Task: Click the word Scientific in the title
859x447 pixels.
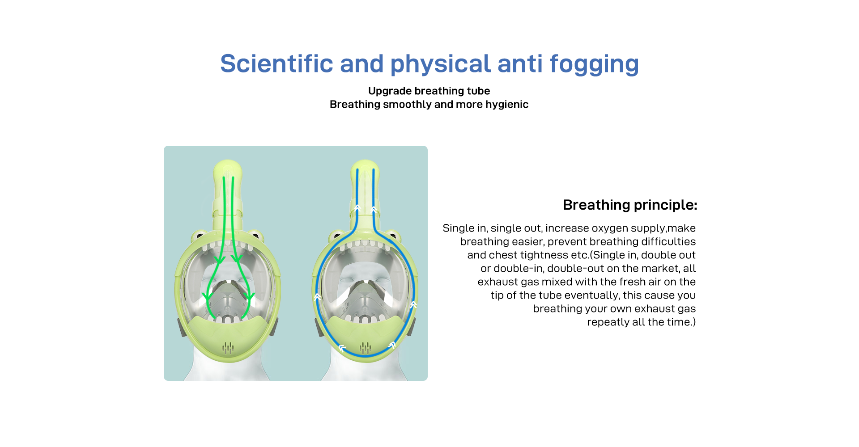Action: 276,63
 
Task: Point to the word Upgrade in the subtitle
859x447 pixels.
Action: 390,92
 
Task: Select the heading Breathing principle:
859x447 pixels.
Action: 630,205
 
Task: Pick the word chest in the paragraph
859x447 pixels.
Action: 503,255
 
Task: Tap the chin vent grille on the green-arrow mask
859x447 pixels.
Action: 228,347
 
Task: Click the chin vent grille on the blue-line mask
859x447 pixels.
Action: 366,347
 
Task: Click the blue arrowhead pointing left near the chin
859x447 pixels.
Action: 342,348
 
